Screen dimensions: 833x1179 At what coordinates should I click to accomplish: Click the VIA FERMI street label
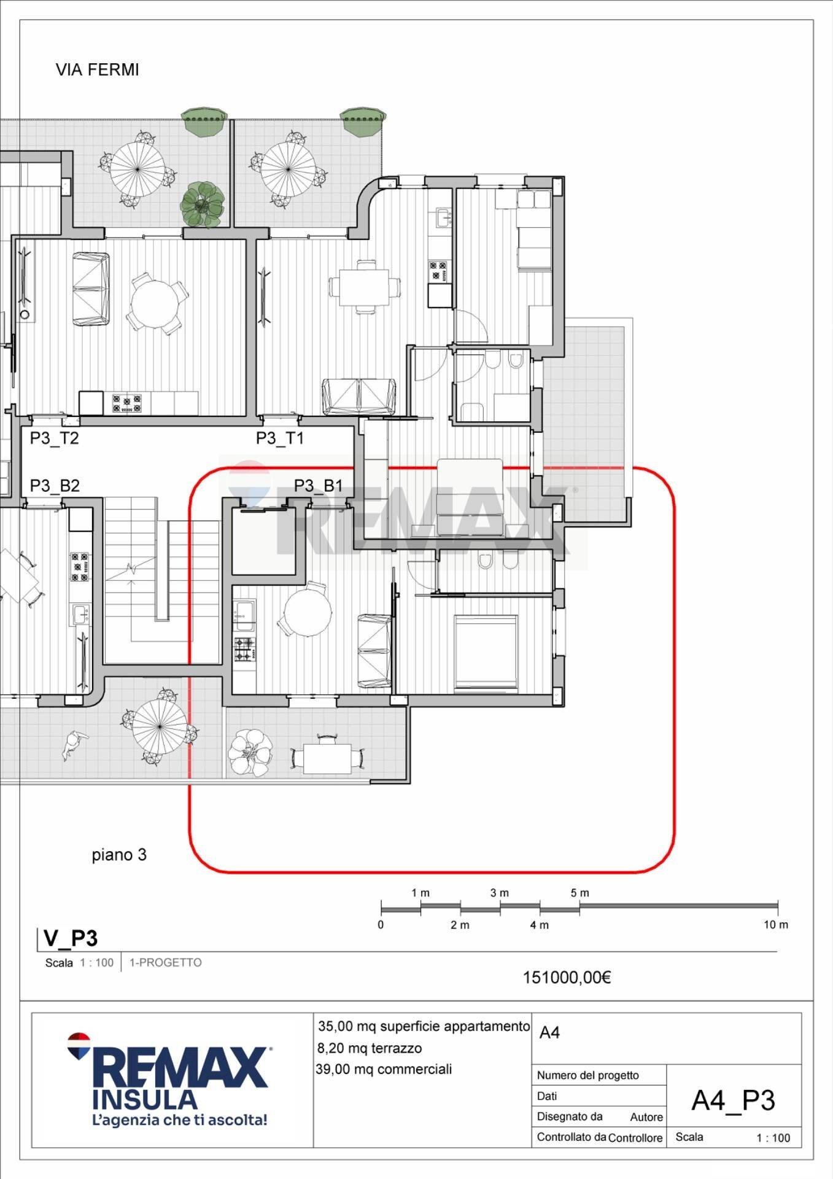[97, 70]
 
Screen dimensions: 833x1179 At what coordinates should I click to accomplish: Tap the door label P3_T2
[55, 438]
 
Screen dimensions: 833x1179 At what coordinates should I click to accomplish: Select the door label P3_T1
[280, 438]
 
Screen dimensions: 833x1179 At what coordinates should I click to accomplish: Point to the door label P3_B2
[55, 486]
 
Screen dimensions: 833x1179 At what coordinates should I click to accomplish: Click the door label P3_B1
[318, 486]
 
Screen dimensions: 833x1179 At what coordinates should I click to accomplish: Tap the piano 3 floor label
[119, 855]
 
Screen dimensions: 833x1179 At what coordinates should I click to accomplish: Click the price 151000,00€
[567, 978]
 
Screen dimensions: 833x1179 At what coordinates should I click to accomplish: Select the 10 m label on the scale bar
[776, 925]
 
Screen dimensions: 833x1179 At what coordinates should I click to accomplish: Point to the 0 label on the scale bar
[381, 925]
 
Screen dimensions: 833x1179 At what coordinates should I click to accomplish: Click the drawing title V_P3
[71, 938]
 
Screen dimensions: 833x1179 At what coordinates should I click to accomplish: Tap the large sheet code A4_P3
[733, 1101]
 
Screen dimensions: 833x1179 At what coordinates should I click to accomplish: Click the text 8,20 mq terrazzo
[370, 1048]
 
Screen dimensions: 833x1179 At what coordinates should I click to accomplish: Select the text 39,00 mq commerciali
[384, 1069]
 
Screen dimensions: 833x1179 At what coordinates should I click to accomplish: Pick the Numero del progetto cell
[587, 1075]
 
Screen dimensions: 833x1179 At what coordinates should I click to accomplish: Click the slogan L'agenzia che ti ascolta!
[179, 1120]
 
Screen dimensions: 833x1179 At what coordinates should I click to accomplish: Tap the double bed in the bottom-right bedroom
[486, 653]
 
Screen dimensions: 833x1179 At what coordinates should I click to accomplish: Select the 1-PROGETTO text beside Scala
[165, 963]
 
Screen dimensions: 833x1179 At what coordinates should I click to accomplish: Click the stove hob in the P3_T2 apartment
[127, 403]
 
